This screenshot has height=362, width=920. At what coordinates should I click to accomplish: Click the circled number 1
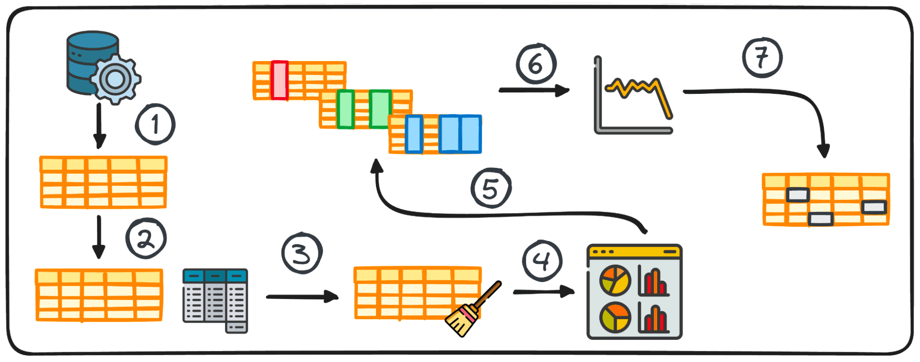(x=155, y=124)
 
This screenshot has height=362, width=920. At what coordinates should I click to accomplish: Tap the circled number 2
(x=146, y=238)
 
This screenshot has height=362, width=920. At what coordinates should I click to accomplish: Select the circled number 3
(x=302, y=253)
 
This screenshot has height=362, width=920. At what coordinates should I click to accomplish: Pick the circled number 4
(x=542, y=261)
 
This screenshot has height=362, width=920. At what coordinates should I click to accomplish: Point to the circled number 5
(x=491, y=188)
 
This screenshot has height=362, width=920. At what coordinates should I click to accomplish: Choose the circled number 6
(x=536, y=64)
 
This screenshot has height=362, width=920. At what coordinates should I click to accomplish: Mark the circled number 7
(x=762, y=58)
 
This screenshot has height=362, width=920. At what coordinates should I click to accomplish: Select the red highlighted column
(x=279, y=80)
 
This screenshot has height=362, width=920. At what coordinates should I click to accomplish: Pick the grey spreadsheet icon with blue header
(x=215, y=299)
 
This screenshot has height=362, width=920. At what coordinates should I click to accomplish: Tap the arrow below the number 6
(x=534, y=90)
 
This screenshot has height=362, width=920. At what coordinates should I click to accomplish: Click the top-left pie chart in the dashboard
(x=615, y=280)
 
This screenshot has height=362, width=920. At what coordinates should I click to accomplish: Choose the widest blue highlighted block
(x=460, y=134)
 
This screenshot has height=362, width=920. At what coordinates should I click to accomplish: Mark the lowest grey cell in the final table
(x=821, y=218)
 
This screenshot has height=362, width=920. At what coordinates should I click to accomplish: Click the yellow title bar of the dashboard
(x=634, y=251)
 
